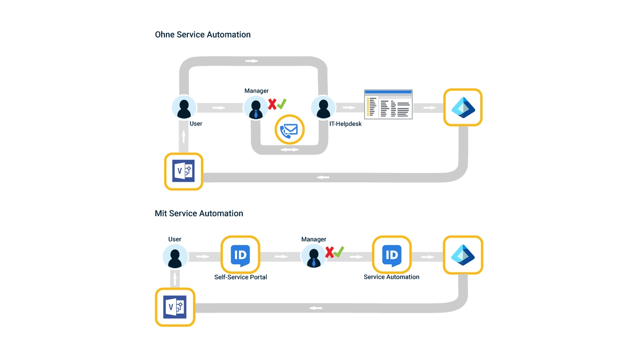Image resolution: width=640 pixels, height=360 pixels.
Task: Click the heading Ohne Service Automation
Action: tap(202, 35)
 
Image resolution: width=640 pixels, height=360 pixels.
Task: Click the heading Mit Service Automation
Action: tap(199, 214)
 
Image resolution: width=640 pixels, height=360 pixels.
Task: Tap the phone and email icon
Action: tap(289, 129)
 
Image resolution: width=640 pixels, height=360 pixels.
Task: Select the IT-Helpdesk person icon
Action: tap(323, 108)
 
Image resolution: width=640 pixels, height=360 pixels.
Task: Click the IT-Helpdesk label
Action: tap(345, 124)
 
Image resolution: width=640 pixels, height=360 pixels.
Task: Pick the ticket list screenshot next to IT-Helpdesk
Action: tap(388, 104)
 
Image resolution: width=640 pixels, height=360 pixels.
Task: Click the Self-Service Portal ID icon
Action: tap(240, 255)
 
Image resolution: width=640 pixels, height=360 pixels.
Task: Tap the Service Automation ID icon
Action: tap(392, 255)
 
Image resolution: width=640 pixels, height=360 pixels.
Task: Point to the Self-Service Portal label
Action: tap(240, 277)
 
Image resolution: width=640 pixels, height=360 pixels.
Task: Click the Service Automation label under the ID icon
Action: tap(391, 277)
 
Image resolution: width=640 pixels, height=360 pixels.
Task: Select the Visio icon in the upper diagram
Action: tap(184, 172)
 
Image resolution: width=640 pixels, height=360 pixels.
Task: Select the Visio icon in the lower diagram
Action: tap(175, 307)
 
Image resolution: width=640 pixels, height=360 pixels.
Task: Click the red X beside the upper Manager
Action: tap(272, 104)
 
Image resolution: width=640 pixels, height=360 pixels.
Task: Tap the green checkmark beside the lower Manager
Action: tap(339, 252)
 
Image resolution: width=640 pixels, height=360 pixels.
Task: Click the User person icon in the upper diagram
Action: tap(184, 108)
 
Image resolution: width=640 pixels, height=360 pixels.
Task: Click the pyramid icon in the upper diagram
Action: tap(463, 107)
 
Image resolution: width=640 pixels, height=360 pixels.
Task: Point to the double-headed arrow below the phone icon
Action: tap(289, 150)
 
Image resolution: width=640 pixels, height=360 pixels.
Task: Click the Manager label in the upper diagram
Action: tap(257, 91)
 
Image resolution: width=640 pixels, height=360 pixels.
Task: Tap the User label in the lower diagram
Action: tap(175, 240)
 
